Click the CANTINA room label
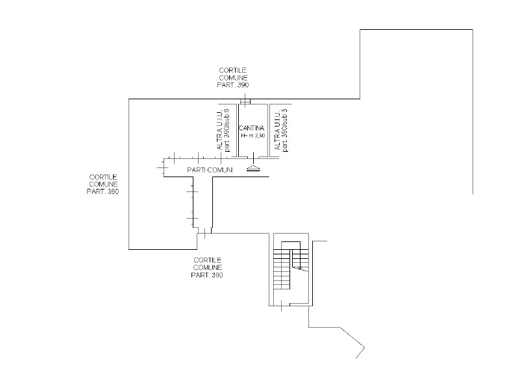[252, 128]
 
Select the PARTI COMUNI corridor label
[210, 169]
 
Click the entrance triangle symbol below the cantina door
[253, 169]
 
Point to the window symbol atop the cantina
[245, 102]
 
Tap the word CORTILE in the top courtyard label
[233, 70]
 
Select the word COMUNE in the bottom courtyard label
[208, 267]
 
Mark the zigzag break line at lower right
[352, 342]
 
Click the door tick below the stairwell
[282, 306]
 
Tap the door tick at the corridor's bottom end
[204, 234]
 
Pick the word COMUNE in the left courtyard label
[103, 184]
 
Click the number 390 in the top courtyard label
[242, 85]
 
